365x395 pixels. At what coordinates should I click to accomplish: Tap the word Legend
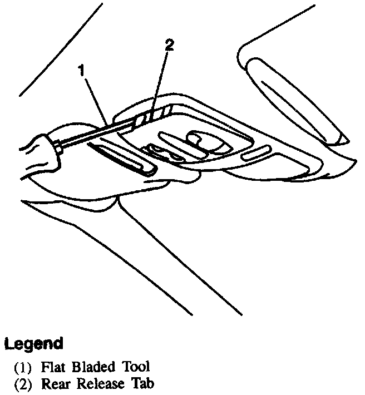pyautogui.click(x=33, y=344)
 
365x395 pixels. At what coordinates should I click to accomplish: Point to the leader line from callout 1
pyautogui.click(x=96, y=97)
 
